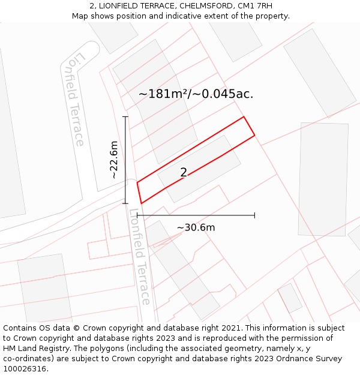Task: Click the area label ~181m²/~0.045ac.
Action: click(196, 94)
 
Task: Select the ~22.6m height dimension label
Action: click(113, 160)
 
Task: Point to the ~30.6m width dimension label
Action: click(196, 227)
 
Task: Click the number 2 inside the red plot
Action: click(184, 173)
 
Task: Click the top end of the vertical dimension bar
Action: click(125, 116)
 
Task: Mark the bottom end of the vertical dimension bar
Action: click(125, 203)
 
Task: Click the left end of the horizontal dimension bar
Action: click(137, 215)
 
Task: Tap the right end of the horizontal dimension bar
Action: click(255, 215)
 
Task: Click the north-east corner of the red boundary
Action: click(244, 116)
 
